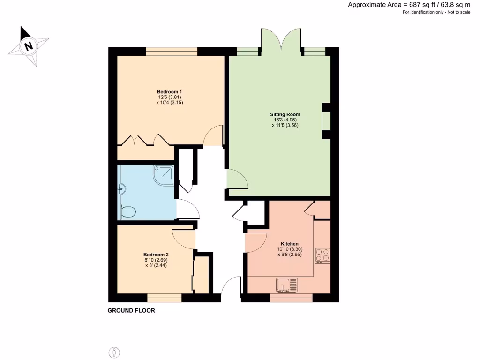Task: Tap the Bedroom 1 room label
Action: click(169, 91)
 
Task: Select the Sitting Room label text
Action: click(285, 114)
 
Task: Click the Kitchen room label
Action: click(289, 244)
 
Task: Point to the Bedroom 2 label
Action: click(156, 255)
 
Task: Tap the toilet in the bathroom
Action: click(128, 212)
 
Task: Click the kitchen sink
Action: click(287, 284)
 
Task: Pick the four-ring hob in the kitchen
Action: click(322, 255)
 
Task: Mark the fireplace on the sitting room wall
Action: click(326, 121)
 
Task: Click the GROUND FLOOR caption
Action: click(131, 310)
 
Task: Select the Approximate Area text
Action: click(409, 5)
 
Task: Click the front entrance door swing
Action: click(231, 286)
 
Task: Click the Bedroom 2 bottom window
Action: click(164, 298)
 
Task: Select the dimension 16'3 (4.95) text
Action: click(285, 120)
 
